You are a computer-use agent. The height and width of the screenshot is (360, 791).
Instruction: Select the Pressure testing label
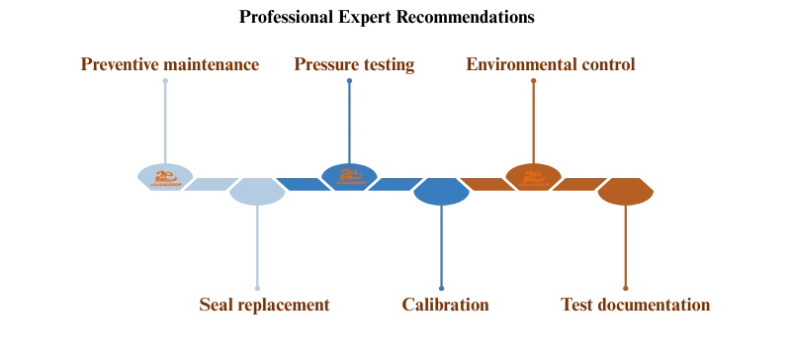click(x=355, y=64)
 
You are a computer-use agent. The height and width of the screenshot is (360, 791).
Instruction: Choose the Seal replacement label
click(x=264, y=305)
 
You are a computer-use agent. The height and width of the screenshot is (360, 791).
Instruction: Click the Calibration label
click(x=446, y=305)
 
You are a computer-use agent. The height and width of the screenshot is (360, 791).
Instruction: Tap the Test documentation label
click(x=635, y=305)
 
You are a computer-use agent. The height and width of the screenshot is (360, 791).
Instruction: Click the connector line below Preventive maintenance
click(x=166, y=114)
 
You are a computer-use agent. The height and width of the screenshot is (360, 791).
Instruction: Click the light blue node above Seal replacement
click(x=257, y=192)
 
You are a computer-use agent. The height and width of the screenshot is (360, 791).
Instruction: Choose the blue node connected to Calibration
click(x=440, y=192)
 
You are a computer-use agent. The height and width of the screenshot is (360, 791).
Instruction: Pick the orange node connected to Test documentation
click(x=626, y=192)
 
